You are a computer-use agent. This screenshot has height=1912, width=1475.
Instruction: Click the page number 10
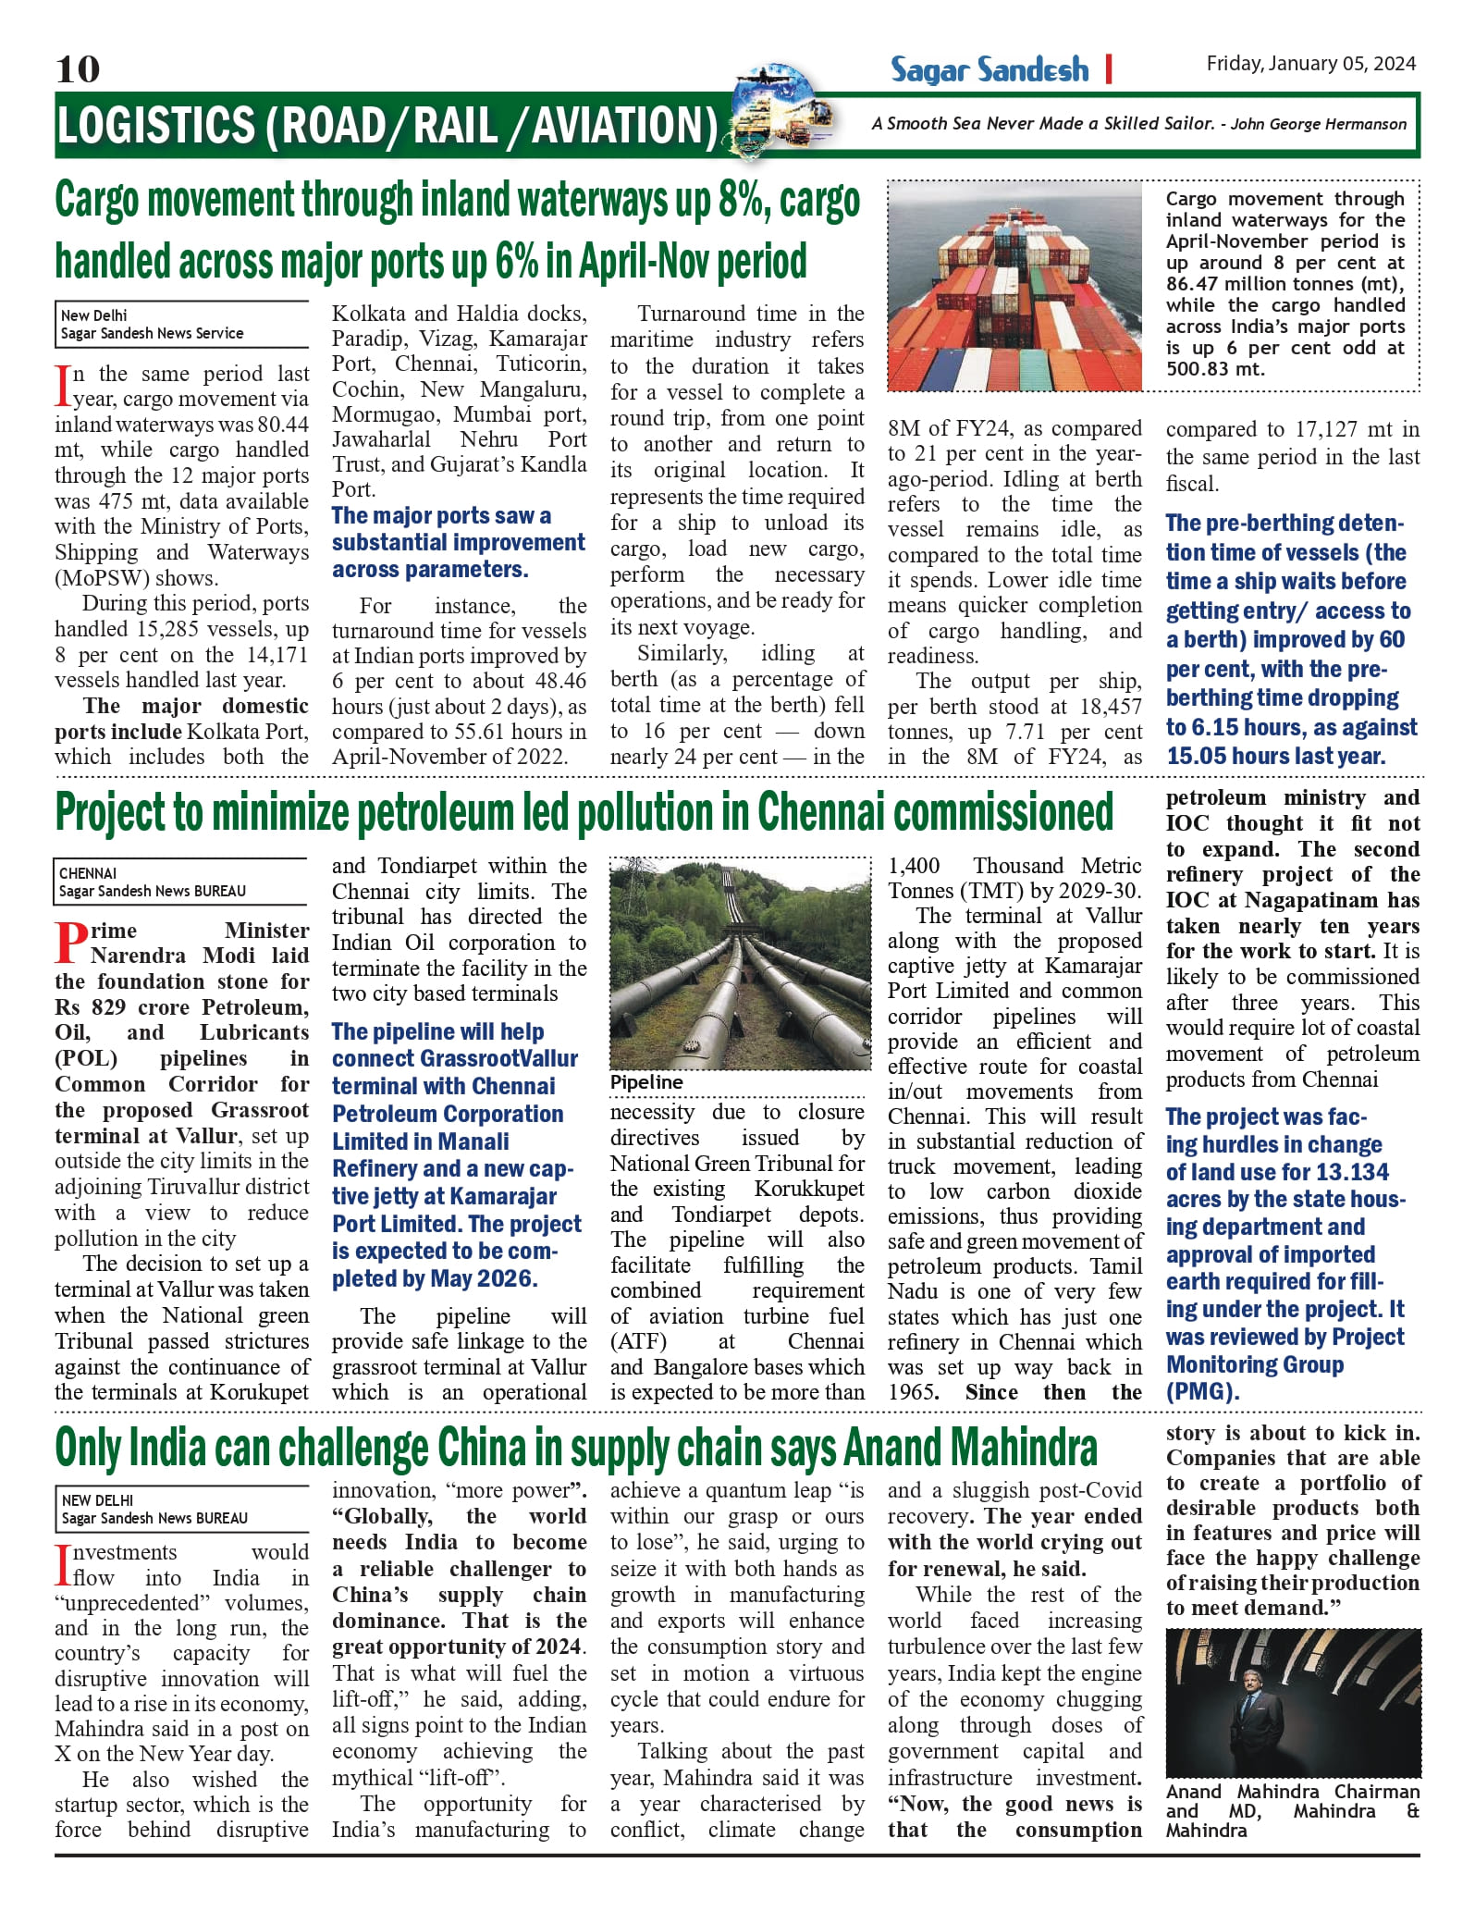tap(78, 69)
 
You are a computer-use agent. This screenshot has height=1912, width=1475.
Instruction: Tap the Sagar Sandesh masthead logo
tap(989, 70)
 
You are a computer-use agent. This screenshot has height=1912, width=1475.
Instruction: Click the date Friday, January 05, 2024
tap(1310, 64)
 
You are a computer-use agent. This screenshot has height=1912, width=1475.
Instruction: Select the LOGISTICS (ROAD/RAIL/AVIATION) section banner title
tap(387, 126)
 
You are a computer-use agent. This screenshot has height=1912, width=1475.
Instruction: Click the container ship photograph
tap(1014, 286)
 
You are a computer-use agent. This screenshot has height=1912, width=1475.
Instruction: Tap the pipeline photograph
tap(740, 963)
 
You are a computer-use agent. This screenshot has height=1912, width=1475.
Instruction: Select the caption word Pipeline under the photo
tap(646, 1082)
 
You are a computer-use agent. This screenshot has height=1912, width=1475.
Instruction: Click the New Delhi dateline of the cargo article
tap(94, 315)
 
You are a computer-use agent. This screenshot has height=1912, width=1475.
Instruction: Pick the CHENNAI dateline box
tap(88, 873)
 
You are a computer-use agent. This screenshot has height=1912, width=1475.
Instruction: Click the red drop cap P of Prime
tap(72, 944)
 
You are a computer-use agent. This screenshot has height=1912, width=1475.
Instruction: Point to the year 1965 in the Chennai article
tap(912, 1392)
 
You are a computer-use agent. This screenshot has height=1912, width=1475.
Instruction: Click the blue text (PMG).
tap(1202, 1391)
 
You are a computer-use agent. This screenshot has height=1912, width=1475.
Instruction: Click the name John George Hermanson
tap(1318, 124)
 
